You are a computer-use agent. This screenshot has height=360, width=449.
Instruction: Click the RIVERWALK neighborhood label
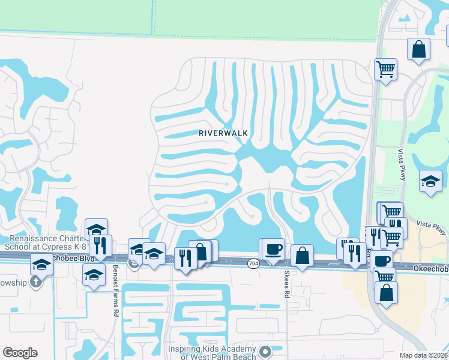coord(223,133)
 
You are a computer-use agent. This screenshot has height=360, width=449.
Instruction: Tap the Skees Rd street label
coord(287,283)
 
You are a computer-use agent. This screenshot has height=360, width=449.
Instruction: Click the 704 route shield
coord(254,263)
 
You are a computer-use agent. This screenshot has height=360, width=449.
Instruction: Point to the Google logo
coord(20,353)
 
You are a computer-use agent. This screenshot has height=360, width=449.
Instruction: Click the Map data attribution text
coord(424,355)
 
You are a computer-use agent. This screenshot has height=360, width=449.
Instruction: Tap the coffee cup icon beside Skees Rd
coord(273,249)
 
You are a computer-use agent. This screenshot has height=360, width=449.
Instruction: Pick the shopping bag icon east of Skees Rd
coord(303,255)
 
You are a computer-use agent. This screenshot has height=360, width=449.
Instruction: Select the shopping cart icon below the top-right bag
coord(385,69)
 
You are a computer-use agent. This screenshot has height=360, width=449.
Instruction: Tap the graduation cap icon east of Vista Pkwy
coord(430,181)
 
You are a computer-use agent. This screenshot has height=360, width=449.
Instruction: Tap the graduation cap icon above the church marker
coord(41,263)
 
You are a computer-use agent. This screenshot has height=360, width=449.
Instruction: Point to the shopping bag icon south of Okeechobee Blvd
coord(386,292)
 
